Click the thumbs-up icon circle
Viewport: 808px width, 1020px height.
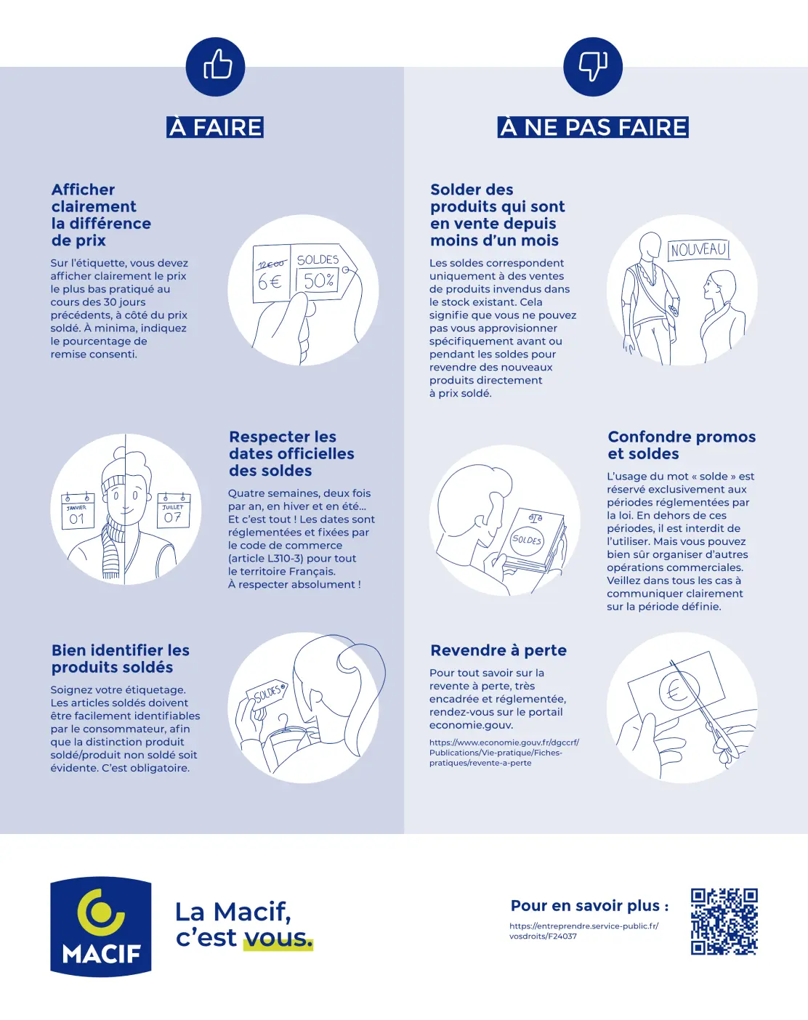coord(215,67)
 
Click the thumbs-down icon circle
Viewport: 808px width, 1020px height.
coord(593,67)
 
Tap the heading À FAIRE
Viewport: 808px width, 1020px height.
coord(215,127)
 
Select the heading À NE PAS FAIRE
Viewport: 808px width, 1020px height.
coord(593,127)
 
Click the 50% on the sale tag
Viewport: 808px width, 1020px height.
coord(318,280)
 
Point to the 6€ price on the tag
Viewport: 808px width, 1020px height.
coord(270,281)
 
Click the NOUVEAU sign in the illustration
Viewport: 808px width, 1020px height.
coord(698,250)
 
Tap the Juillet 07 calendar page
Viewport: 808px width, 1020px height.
coord(173,511)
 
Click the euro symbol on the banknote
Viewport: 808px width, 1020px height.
coord(678,691)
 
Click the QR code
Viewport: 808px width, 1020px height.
coord(724,921)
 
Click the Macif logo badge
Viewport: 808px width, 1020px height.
coord(101,926)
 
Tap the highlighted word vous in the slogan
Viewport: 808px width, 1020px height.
coord(278,938)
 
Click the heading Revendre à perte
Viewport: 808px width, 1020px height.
coord(498,650)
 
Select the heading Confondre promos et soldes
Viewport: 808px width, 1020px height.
coord(681,445)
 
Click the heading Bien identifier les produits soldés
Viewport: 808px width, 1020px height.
coord(121,659)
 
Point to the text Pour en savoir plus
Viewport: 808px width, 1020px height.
coord(589,905)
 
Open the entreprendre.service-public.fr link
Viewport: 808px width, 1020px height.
coord(583,931)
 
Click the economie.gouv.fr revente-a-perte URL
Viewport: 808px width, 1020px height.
coord(504,753)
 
